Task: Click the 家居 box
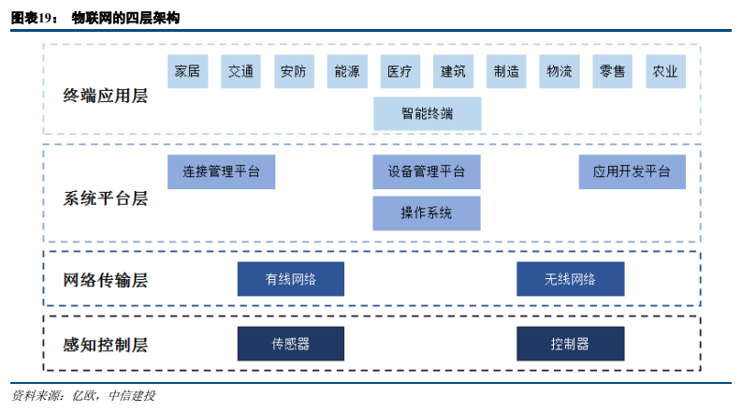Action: click(187, 71)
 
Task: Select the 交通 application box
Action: click(240, 71)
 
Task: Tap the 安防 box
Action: click(294, 71)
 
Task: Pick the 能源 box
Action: click(347, 71)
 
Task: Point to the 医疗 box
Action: click(400, 71)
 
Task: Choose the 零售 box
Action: click(612, 71)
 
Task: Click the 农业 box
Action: click(665, 71)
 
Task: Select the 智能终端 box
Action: click(428, 113)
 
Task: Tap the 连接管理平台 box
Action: click(221, 172)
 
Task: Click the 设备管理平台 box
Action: click(427, 172)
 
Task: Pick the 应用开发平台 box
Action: click(632, 172)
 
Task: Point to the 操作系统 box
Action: click(427, 213)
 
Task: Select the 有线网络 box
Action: click(291, 279)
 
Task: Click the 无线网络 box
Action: click(570, 279)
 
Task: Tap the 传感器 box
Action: click(291, 344)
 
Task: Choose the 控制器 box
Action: click(570, 344)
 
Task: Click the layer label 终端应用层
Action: click(105, 96)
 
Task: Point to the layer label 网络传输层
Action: click(105, 280)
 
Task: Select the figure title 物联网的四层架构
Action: click(125, 18)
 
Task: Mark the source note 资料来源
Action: click(36, 395)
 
